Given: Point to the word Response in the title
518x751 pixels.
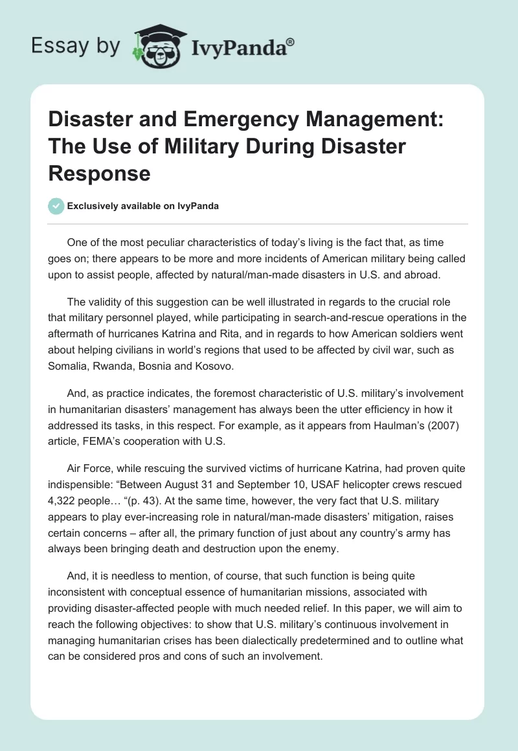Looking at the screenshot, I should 100,173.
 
